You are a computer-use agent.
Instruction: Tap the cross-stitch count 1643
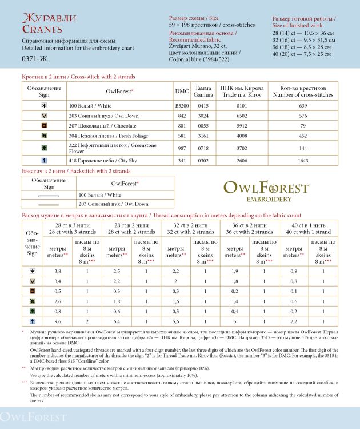pos(303,161)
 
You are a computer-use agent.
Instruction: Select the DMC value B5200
pos(182,106)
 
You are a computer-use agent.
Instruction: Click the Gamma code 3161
pos(203,136)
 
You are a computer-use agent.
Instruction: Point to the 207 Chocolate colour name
pos(94,126)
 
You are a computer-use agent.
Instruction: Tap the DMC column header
pos(182,91)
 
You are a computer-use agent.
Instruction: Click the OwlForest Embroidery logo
pos(266,192)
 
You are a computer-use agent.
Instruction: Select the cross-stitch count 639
pos(303,106)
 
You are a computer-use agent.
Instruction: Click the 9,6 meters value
pos(58,321)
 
